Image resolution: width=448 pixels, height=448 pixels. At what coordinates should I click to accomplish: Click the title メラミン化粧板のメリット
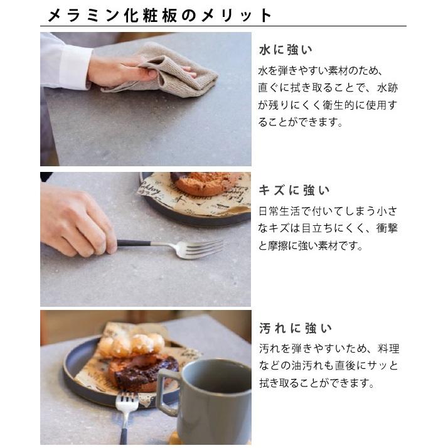(x=161, y=15)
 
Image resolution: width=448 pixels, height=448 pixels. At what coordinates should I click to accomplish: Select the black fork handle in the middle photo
(x=133, y=243)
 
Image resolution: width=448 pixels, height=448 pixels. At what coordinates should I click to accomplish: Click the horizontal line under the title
(x=223, y=26)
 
